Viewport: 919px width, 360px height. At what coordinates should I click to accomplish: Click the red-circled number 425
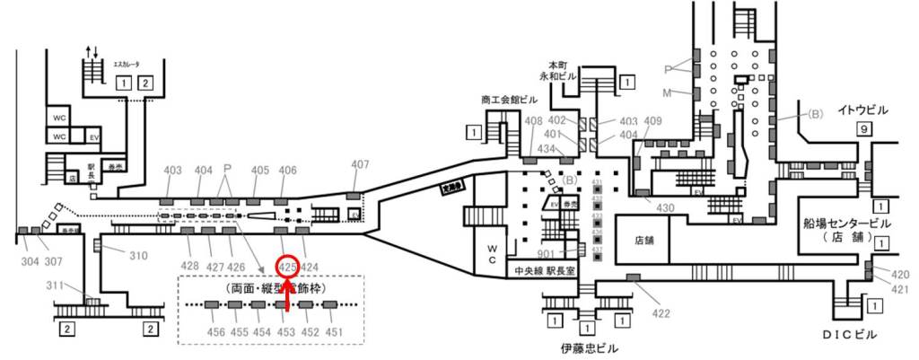tap(288, 267)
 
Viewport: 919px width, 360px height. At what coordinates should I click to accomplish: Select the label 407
tap(360, 164)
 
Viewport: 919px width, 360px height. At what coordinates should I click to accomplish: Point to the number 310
tap(137, 256)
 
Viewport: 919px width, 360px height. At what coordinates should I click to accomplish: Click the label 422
tap(661, 313)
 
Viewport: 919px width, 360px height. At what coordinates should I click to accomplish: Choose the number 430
tap(665, 208)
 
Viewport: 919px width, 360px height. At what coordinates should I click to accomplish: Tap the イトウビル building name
tap(862, 110)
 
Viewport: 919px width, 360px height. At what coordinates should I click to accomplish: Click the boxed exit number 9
tap(863, 129)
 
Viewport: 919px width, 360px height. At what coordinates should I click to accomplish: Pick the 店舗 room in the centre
tap(644, 241)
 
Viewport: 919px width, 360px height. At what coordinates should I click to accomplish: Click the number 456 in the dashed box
tap(215, 332)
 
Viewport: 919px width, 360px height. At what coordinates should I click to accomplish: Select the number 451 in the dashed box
tap(335, 332)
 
